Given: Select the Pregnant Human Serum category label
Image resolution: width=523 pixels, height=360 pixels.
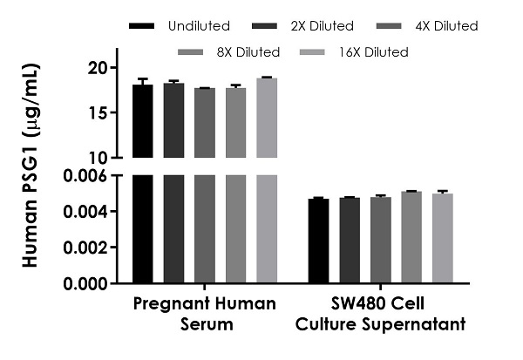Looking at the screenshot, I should point(205,314).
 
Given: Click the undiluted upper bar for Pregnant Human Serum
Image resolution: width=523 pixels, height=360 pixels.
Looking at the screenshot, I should point(142,121).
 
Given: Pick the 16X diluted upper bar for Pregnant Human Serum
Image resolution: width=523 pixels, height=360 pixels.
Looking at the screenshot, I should point(267,118).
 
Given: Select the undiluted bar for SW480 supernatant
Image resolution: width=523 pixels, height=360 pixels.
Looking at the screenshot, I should point(318,241).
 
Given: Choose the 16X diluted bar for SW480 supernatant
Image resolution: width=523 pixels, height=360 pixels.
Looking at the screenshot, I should point(443,239).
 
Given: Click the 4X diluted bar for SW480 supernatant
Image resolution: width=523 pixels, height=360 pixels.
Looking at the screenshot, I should point(380,241).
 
